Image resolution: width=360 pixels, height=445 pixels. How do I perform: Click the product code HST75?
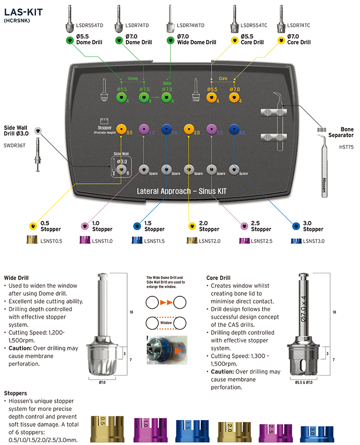pos(346,148)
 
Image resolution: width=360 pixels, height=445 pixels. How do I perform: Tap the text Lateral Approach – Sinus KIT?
pos(182,191)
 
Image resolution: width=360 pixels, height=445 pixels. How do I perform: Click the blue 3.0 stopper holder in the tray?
pos(234,129)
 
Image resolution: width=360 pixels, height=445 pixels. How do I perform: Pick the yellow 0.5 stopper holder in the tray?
pos(121,129)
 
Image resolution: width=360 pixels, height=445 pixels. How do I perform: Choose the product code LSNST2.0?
pos(209,241)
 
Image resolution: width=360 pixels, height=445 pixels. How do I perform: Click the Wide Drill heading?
pos(16,278)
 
